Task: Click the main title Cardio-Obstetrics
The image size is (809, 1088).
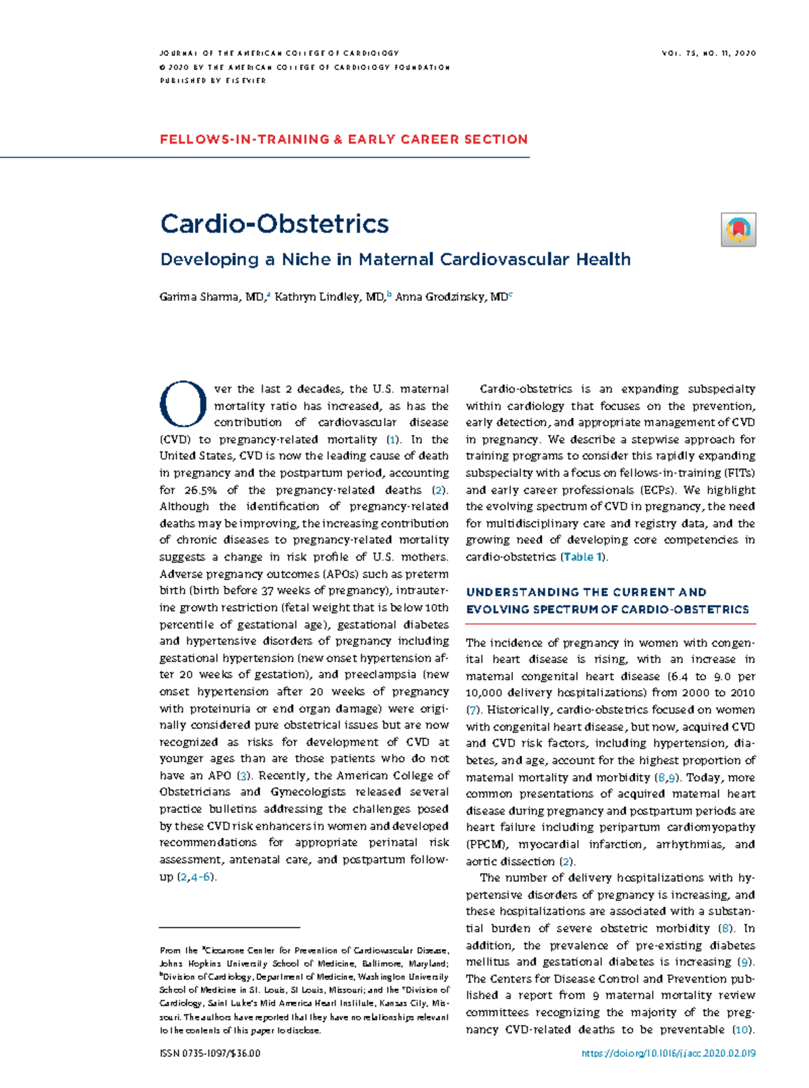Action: click(x=274, y=224)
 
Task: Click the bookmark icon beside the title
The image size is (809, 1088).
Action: click(x=738, y=229)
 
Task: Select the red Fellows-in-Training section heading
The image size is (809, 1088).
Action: click(x=344, y=140)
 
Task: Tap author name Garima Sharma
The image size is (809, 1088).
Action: click(x=199, y=297)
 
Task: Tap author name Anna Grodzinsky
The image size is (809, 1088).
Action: click(x=451, y=297)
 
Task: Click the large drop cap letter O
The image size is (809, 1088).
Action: click(x=183, y=405)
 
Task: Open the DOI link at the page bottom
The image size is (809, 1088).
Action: click(x=668, y=1054)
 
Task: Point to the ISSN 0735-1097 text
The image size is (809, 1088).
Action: click(x=210, y=1054)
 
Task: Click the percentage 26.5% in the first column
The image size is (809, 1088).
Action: click(x=200, y=490)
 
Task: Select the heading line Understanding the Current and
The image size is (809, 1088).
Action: click(x=586, y=592)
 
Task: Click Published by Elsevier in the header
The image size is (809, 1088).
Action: click(x=213, y=81)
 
